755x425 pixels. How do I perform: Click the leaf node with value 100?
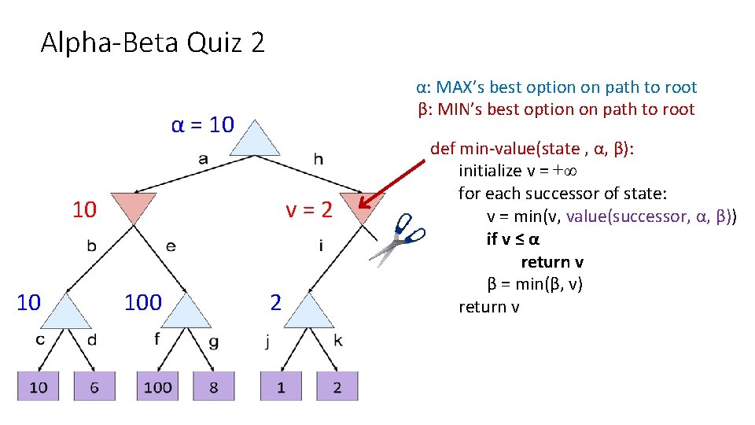(x=157, y=386)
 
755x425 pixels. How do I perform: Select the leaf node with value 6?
(x=94, y=386)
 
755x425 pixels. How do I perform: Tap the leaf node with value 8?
(x=214, y=386)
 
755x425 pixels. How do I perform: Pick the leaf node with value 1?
(x=281, y=386)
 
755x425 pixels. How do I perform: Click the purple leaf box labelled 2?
(x=337, y=386)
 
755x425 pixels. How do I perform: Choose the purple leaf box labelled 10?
(x=38, y=386)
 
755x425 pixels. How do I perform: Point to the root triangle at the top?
(x=255, y=141)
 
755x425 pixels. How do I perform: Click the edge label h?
(x=318, y=160)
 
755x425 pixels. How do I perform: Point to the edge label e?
(x=171, y=246)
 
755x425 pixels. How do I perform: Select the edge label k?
(x=338, y=341)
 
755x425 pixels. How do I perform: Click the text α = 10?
(x=202, y=124)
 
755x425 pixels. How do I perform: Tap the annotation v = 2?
(x=309, y=210)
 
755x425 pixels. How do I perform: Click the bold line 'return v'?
(x=552, y=262)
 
